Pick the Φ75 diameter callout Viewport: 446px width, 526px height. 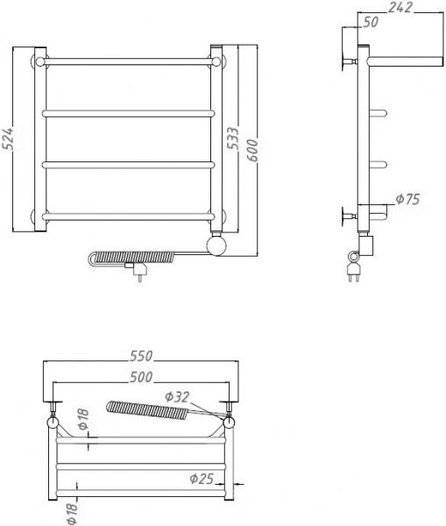[407, 200]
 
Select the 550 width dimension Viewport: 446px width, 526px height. [141, 355]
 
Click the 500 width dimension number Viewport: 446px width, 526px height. [141, 377]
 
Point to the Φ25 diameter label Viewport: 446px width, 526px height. [201, 479]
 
